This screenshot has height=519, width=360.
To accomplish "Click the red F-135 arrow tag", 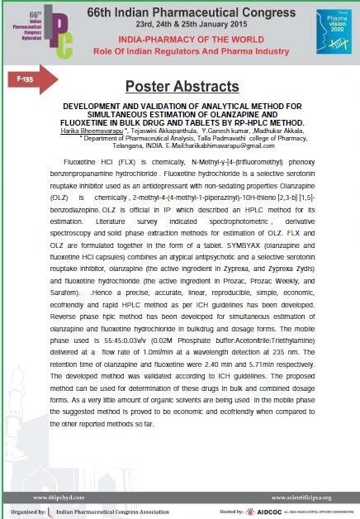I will [x=34, y=79].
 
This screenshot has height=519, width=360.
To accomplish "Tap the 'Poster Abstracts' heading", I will [x=180, y=87].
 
